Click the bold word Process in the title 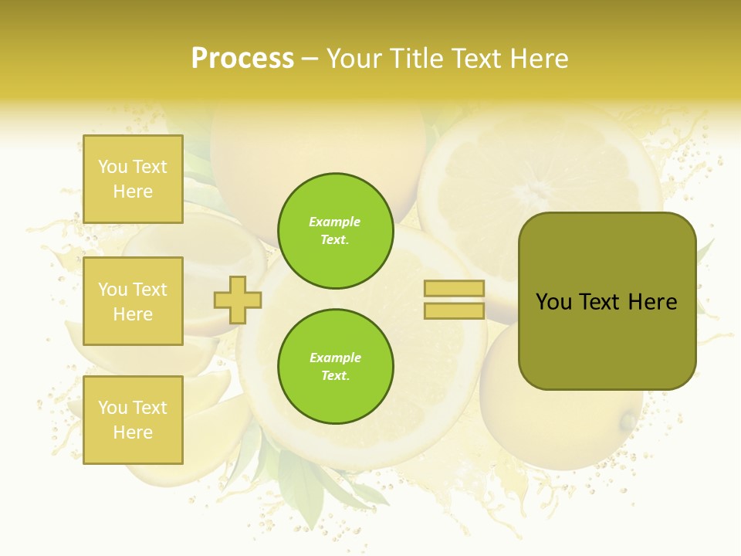pyautogui.click(x=242, y=59)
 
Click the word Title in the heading pyautogui.click(x=415, y=59)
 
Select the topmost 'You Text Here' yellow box pyautogui.click(x=133, y=179)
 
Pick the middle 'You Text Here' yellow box pyautogui.click(x=133, y=301)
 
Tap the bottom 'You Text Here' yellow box pyautogui.click(x=133, y=420)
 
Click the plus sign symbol pyautogui.click(x=238, y=300)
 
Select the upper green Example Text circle pyautogui.click(x=336, y=231)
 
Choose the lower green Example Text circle pyautogui.click(x=336, y=367)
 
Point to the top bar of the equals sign pyautogui.click(x=455, y=289)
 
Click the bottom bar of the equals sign pyautogui.click(x=455, y=311)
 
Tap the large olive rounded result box pyautogui.click(x=607, y=340)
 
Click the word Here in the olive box pyautogui.click(x=652, y=302)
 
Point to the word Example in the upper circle pyautogui.click(x=335, y=222)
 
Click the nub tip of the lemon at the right pyautogui.click(x=628, y=422)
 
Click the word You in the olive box pyautogui.click(x=553, y=302)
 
